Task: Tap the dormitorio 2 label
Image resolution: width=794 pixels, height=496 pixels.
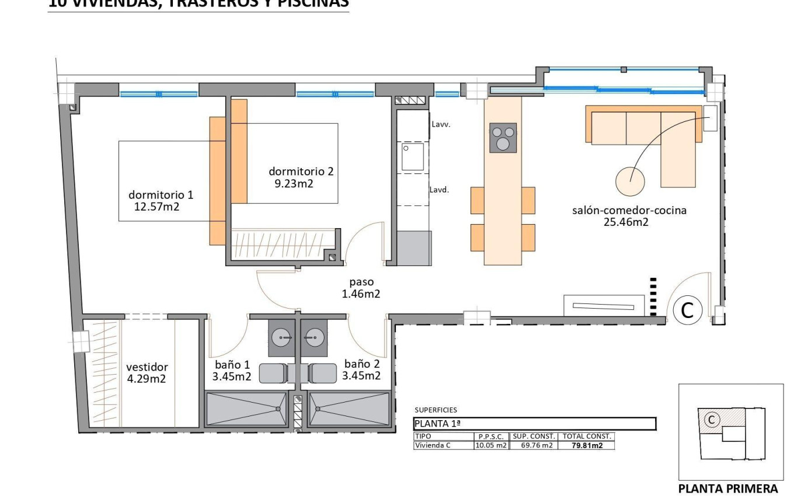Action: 301,172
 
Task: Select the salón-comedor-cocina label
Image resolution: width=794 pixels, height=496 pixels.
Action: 629,211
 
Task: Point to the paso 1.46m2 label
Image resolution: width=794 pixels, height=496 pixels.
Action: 361,288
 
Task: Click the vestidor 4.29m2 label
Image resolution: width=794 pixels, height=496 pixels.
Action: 147,372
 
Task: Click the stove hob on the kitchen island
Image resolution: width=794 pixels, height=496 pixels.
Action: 503,138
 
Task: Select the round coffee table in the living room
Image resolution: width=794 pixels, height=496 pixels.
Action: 631,181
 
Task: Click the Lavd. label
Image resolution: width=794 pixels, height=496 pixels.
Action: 439,190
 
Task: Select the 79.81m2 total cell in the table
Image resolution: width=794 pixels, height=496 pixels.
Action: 586,445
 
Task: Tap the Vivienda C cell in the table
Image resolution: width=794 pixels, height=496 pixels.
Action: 432,445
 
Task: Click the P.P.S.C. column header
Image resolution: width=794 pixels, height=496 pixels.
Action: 491,436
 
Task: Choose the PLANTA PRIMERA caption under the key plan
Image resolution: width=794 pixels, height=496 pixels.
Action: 727,488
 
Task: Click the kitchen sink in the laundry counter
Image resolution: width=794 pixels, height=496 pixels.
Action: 412,157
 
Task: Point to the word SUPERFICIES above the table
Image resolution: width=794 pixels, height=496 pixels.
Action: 436,410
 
